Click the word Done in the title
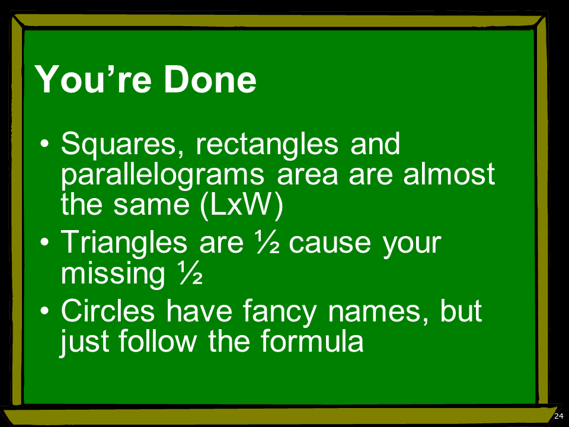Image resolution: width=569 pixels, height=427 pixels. coord(210,79)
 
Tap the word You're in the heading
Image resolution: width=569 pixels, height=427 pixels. coord(93,79)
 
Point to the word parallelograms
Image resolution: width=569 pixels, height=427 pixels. coord(162,175)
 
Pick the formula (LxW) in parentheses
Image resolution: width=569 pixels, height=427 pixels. coord(241,205)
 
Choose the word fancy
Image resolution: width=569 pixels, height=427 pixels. coord(279,312)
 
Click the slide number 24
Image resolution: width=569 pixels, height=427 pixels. coord(559,416)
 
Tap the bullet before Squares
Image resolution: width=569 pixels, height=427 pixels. coord(44,144)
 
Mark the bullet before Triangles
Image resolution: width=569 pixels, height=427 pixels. coord(44,242)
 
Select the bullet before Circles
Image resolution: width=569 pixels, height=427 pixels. coord(44,310)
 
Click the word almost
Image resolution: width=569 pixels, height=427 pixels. coord(449,174)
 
